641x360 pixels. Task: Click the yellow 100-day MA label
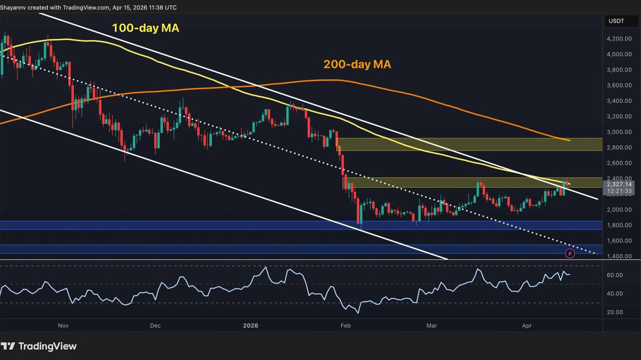[145, 28]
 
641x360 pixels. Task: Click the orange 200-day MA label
[357, 65]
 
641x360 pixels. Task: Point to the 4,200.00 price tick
[618, 39]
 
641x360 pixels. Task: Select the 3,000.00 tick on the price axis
[618, 132]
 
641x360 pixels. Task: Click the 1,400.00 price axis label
[618, 257]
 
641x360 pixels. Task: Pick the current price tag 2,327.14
[618, 184]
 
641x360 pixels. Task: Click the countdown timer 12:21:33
[618, 191]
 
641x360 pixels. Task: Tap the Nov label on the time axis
[63, 325]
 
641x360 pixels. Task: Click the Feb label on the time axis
[346, 325]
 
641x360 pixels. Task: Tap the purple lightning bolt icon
[570, 253]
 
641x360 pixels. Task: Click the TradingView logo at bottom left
[39, 346]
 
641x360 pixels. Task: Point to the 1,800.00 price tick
[618, 226]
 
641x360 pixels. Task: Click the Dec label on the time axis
[155, 325]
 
